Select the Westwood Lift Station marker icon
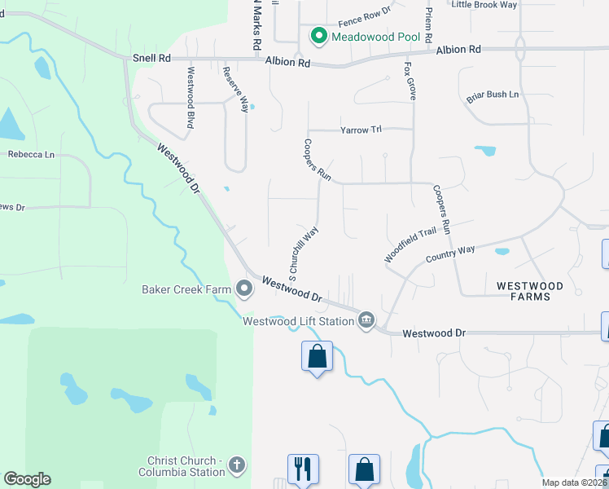(366, 320)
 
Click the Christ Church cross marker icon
(237, 465)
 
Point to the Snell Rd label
(152, 59)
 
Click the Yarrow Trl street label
(361, 130)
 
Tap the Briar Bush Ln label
(493, 95)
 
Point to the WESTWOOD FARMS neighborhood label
(530, 291)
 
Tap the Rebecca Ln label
(31, 154)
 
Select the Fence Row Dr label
(364, 14)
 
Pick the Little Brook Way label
(484, 5)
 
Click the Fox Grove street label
(410, 80)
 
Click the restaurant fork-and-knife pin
(303, 469)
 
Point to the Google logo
(27, 479)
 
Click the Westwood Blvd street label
(191, 98)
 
